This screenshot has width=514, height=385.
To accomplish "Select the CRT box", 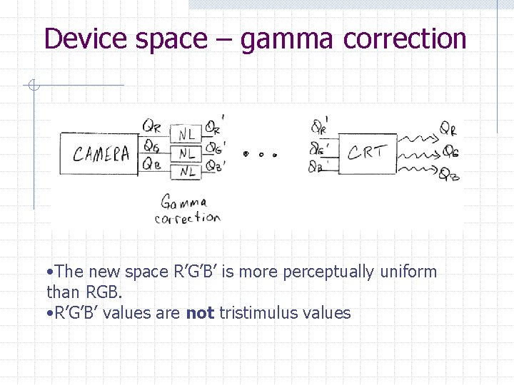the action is [x=367, y=153].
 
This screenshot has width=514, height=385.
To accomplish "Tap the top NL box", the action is [x=187, y=135].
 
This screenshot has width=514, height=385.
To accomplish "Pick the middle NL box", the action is [x=187, y=153].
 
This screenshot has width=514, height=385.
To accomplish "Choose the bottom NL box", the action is [x=187, y=170].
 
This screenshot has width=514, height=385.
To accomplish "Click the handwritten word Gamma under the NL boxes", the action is [x=183, y=202].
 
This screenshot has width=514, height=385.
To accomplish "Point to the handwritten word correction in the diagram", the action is [x=187, y=217].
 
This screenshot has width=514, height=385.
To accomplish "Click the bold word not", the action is [x=200, y=312].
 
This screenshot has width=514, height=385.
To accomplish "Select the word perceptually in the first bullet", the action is [x=328, y=272].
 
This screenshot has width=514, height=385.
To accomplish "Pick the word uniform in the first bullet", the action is [x=408, y=272].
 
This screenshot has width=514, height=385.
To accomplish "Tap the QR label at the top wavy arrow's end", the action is [x=448, y=129].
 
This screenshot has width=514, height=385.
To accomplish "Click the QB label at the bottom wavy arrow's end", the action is [x=450, y=174].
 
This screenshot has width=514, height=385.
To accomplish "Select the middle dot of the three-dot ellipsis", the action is [x=261, y=154].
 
